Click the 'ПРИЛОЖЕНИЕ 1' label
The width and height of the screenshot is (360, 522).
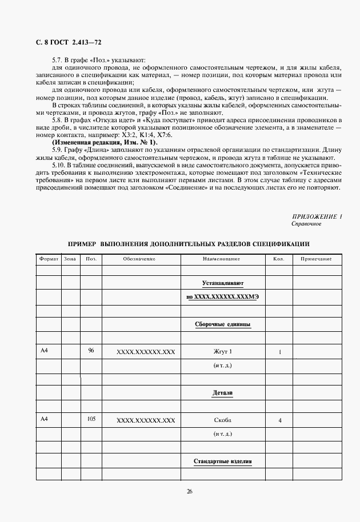click(317, 216)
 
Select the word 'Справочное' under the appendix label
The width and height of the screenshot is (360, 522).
click(306, 224)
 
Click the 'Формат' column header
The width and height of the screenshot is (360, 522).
click(49, 259)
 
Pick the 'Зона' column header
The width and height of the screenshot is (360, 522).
click(70, 259)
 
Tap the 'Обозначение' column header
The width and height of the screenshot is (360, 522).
click(139, 259)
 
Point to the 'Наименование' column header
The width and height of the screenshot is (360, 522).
click(222, 259)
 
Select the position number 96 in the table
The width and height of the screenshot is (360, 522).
click(91, 351)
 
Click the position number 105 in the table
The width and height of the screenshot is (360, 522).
click(91, 419)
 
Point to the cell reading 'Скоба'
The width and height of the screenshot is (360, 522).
click(222, 420)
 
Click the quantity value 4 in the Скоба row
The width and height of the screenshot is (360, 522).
click(279, 421)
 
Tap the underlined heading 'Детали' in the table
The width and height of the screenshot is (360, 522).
click(222, 393)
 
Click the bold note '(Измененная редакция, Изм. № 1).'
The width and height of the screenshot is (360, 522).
click(105, 142)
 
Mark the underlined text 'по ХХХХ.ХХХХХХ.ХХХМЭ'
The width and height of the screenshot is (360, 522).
click(222, 297)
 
